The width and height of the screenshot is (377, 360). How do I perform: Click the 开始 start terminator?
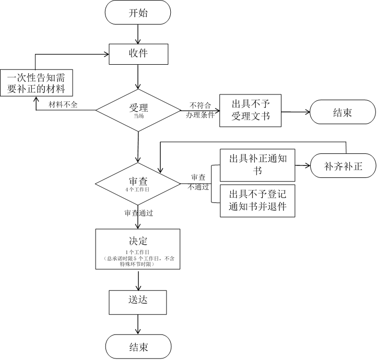click(138, 13)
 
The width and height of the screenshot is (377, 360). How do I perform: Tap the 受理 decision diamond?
click(138, 110)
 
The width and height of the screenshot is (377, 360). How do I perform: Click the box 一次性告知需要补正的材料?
click(36, 82)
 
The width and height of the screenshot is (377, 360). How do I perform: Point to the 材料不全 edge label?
click(63, 105)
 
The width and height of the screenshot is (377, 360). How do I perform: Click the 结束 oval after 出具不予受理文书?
click(343, 112)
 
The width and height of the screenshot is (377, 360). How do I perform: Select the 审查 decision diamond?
click(138, 183)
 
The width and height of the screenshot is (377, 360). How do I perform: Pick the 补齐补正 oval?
click(343, 167)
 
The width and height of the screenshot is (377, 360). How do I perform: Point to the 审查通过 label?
click(139, 213)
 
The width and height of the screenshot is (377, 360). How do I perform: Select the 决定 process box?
click(138, 249)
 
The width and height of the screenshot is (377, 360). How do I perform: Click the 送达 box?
click(138, 302)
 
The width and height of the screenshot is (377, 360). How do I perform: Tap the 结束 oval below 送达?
click(138, 347)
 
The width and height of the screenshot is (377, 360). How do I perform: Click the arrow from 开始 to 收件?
click(138, 34)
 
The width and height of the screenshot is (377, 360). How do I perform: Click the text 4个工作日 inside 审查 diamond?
click(138, 190)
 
